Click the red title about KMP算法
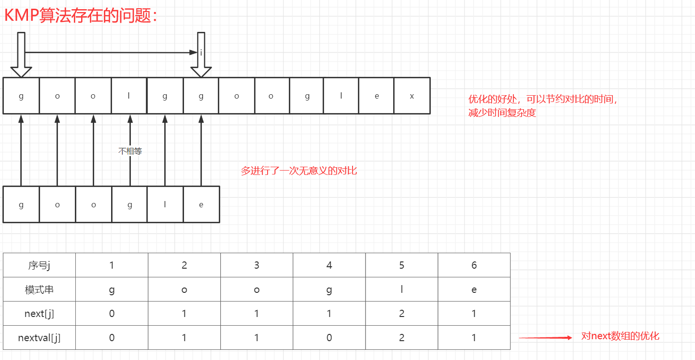tap(81, 15)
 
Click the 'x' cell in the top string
tap(411, 96)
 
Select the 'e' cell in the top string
tap(377, 96)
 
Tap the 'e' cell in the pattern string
tap(201, 204)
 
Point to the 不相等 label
tap(130, 151)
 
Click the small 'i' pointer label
tap(201, 53)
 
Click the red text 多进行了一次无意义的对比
tap(299, 171)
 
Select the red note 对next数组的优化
tap(620, 336)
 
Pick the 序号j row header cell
tap(39, 265)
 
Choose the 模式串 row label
tap(39, 290)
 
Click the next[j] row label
tap(39, 314)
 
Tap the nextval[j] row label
tap(39, 338)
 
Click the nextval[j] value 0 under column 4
tap(329, 338)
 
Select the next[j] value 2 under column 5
tap(401, 314)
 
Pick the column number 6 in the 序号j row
tap(474, 265)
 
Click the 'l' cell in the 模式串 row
tap(401, 290)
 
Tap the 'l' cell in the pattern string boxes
tap(165, 204)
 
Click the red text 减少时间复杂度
tap(502, 114)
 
